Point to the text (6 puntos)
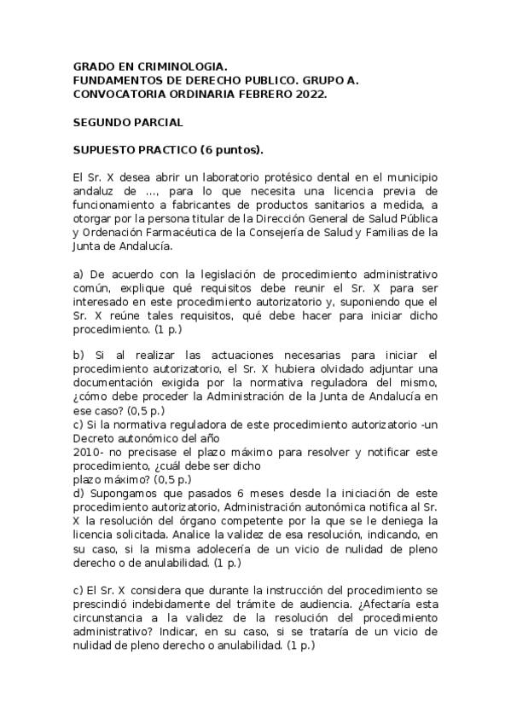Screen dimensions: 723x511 pyautogui.click(x=231, y=152)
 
